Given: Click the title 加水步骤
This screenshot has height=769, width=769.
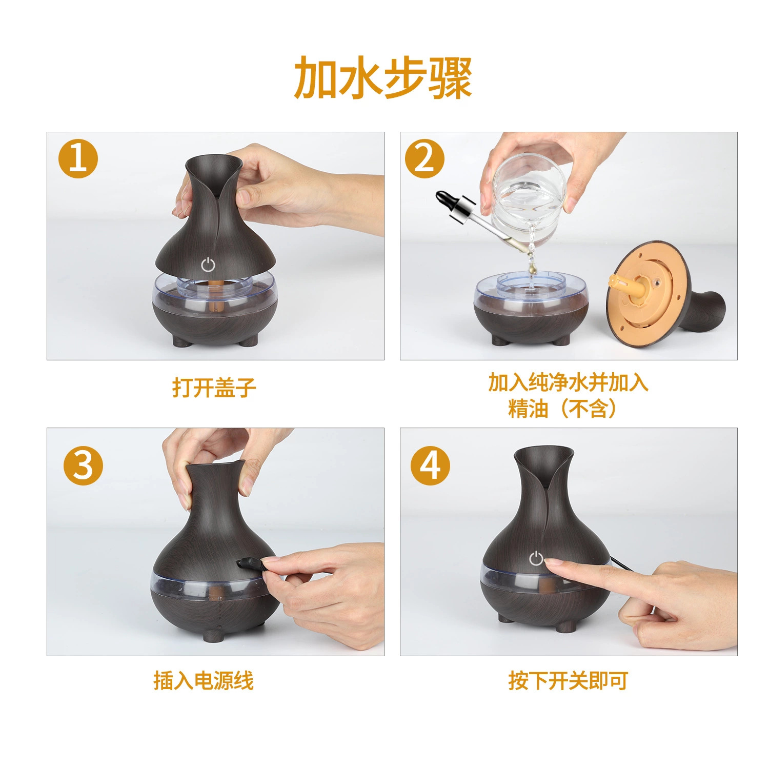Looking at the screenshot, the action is [x=383, y=78].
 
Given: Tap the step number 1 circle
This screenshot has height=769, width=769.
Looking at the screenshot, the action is [x=78, y=158].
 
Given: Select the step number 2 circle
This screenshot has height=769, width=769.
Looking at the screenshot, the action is [x=425, y=158].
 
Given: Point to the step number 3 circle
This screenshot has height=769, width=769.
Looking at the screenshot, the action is [x=83, y=466].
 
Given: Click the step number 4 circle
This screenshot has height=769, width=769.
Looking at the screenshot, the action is [x=431, y=466].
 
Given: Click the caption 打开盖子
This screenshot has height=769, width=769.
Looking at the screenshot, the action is [x=214, y=388].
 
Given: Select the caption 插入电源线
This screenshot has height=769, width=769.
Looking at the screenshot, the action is [x=204, y=681].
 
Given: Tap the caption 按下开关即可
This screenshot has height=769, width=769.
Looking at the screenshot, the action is [x=568, y=681].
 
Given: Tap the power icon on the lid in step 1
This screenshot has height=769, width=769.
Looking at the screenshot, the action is [x=208, y=265].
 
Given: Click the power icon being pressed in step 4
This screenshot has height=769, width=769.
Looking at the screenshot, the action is [x=536, y=558].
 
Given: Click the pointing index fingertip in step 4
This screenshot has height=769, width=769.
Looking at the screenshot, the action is [x=551, y=562].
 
